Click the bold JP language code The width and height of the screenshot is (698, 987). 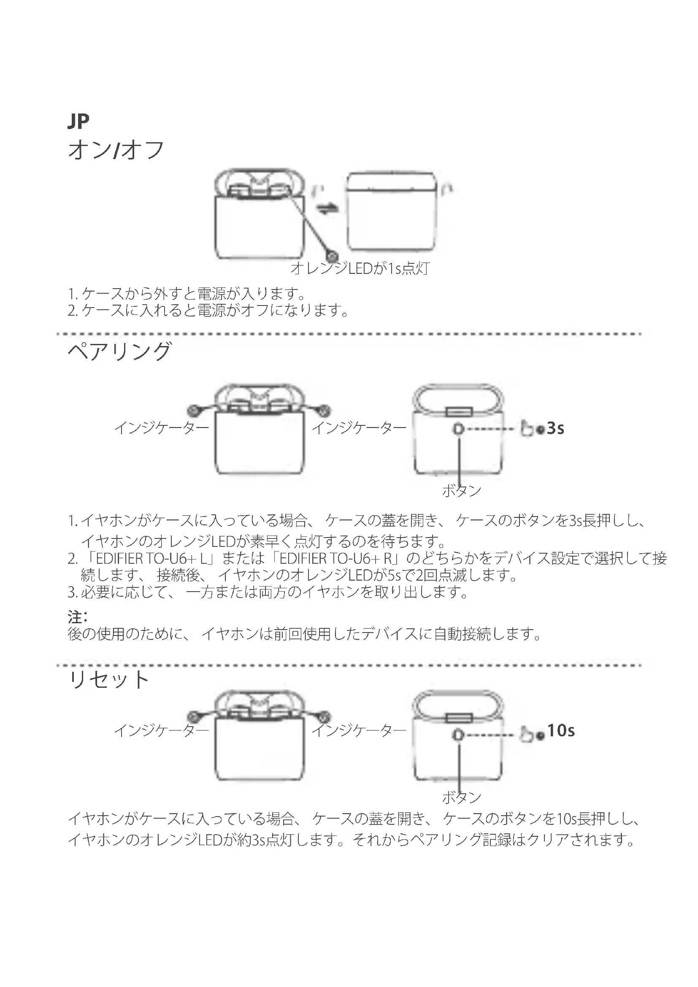(x=78, y=122)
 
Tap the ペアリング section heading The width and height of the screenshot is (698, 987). (x=119, y=351)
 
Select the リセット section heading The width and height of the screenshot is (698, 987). (x=109, y=680)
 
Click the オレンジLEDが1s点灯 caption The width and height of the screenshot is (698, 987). (x=360, y=269)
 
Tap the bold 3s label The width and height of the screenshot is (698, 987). (x=555, y=429)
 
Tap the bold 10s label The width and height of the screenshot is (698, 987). (x=561, y=730)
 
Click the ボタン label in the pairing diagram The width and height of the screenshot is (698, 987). (x=461, y=490)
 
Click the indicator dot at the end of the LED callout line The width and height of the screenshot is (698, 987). (x=332, y=256)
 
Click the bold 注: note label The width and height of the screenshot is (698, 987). (x=77, y=617)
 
